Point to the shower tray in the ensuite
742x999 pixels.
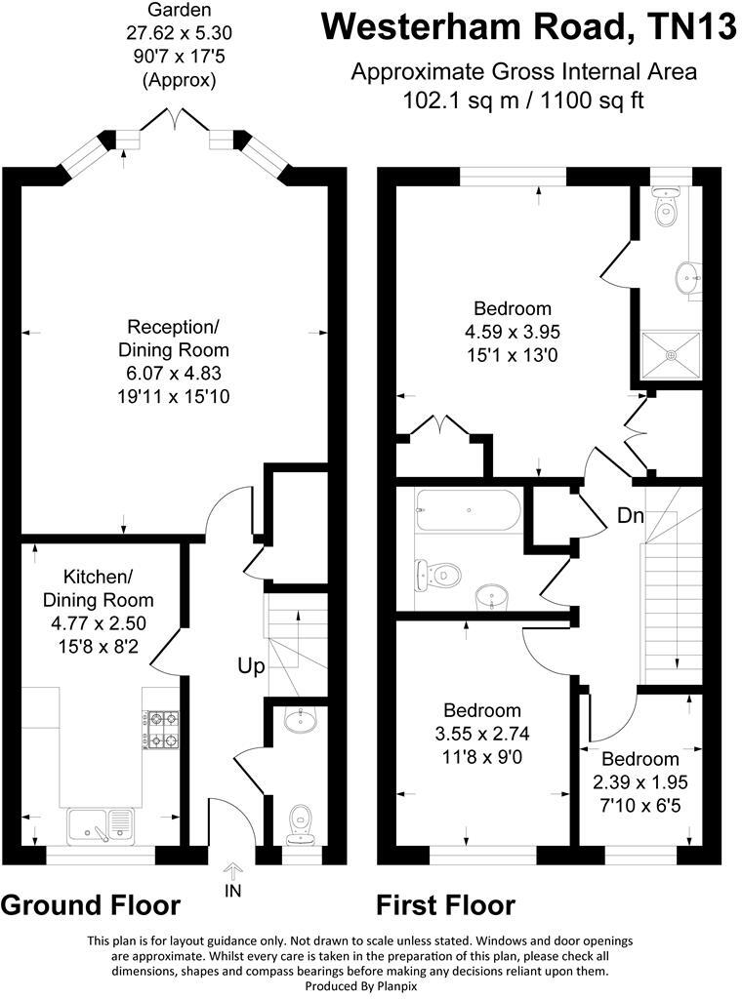pos(671,354)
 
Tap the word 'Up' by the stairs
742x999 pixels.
pos(251,667)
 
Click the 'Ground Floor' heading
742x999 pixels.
pos(91,905)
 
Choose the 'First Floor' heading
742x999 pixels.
pos(446,905)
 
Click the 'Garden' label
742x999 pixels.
pos(177,11)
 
